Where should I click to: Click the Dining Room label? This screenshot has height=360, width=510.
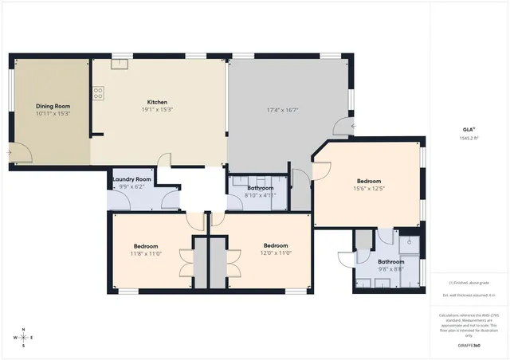tap(53, 106)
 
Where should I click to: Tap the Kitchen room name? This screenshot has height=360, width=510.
tap(157, 101)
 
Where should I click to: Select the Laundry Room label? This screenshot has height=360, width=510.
tap(132, 179)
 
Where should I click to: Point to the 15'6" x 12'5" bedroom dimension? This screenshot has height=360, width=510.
tap(368, 188)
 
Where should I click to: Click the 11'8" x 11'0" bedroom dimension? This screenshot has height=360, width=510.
tap(146, 253)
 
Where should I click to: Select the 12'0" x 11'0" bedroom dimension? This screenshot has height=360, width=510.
tap(275, 253)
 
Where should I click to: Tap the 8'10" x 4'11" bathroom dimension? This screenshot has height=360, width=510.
tap(260, 195)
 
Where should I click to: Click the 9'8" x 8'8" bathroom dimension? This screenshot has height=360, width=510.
tap(390, 269)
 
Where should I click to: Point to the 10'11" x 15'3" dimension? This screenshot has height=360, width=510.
tap(53, 113)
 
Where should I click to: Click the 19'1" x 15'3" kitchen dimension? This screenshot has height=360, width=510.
tap(157, 109)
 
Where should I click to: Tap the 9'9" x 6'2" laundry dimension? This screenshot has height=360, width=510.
tap(132, 186)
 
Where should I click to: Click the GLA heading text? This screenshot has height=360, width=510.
tap(469, 129)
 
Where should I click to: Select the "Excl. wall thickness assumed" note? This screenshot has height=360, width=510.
tap(469, 295)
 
